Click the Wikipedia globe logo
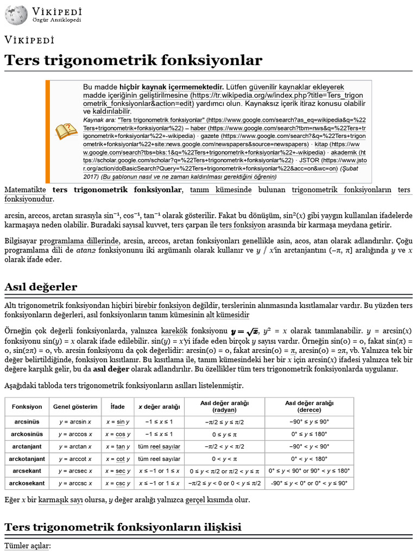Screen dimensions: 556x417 (x=16, y=15)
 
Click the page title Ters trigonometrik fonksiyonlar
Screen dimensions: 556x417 (x=133, y=60)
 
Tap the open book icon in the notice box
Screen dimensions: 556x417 (x=66, y=131)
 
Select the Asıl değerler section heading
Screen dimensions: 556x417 (x=41, y=287)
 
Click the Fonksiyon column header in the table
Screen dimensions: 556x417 (x=27, y=407)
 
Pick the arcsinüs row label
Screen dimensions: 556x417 (x=27, y=421)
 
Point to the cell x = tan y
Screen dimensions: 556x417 (x=117, y=446)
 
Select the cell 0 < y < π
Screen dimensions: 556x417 (x=224, y=459)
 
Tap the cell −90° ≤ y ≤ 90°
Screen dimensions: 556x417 (x=309, y=421)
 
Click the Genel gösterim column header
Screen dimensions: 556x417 (x=75, y=407)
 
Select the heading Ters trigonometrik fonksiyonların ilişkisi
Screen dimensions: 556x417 (x=123, y=527)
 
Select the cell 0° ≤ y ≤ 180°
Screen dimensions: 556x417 (x=309, y=434)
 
